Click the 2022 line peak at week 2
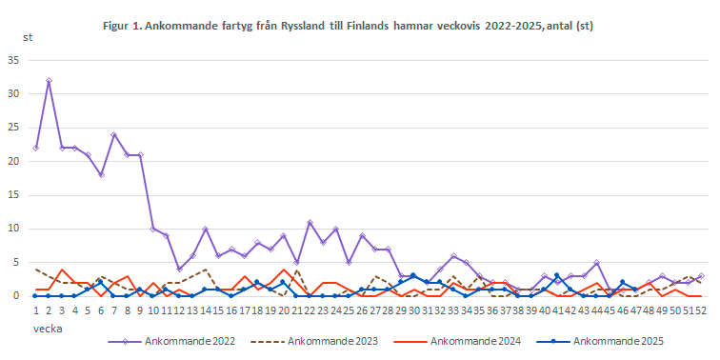pos(49,81)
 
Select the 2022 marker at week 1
pos(35,148)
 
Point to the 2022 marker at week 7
pos(113,134)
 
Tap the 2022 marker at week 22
pos(310,222)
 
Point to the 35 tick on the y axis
pos(13,60)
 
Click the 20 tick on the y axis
pos(13,161)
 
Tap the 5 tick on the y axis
pos(16,262)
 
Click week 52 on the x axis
pos(702,310)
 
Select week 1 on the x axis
pos(35,310)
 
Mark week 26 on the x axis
pos(362,310)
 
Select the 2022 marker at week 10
pos(152,229)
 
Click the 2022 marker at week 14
pos(205,229)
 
